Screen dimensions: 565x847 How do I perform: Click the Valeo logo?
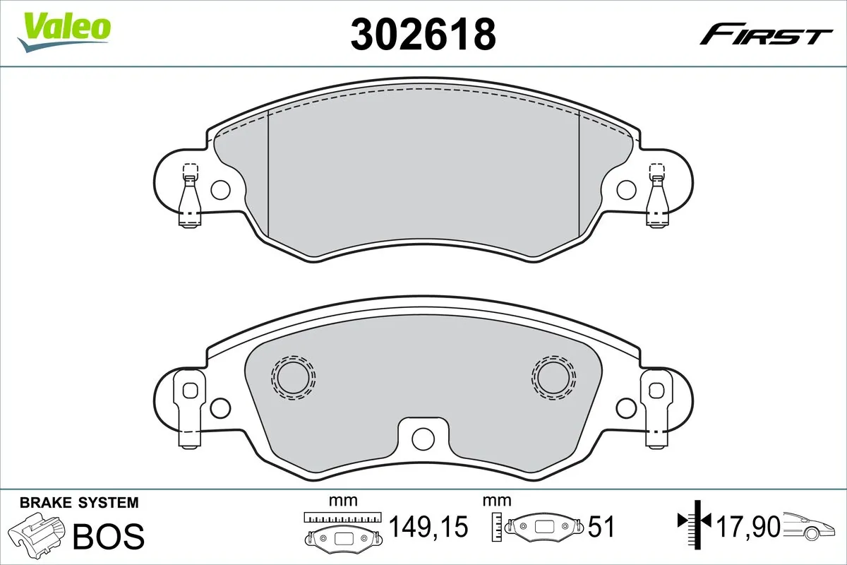(x=64, y=31)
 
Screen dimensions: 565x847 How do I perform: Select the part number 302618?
(x=423, y=34)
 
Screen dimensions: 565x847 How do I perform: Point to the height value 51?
(x=601, y=527)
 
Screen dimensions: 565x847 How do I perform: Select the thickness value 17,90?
(x=747, y=526)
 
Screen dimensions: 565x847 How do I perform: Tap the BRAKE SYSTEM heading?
(x=79, y=503)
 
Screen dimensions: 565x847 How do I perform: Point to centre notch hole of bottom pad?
(x=423, y=437)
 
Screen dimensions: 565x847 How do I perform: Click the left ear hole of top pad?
(x=220, y=189)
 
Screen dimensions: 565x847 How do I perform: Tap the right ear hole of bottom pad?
(x=625, y=408)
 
